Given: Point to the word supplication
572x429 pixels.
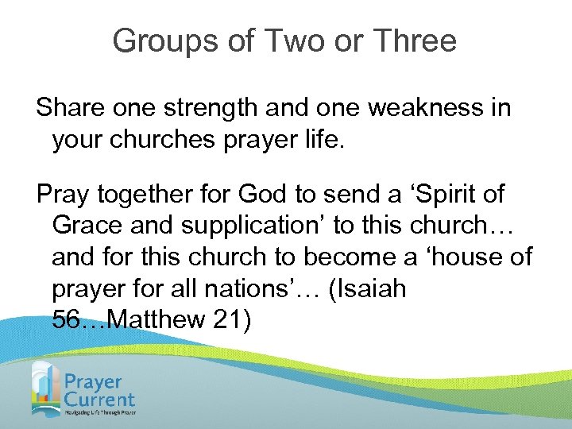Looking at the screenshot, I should [x=253, y=226].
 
